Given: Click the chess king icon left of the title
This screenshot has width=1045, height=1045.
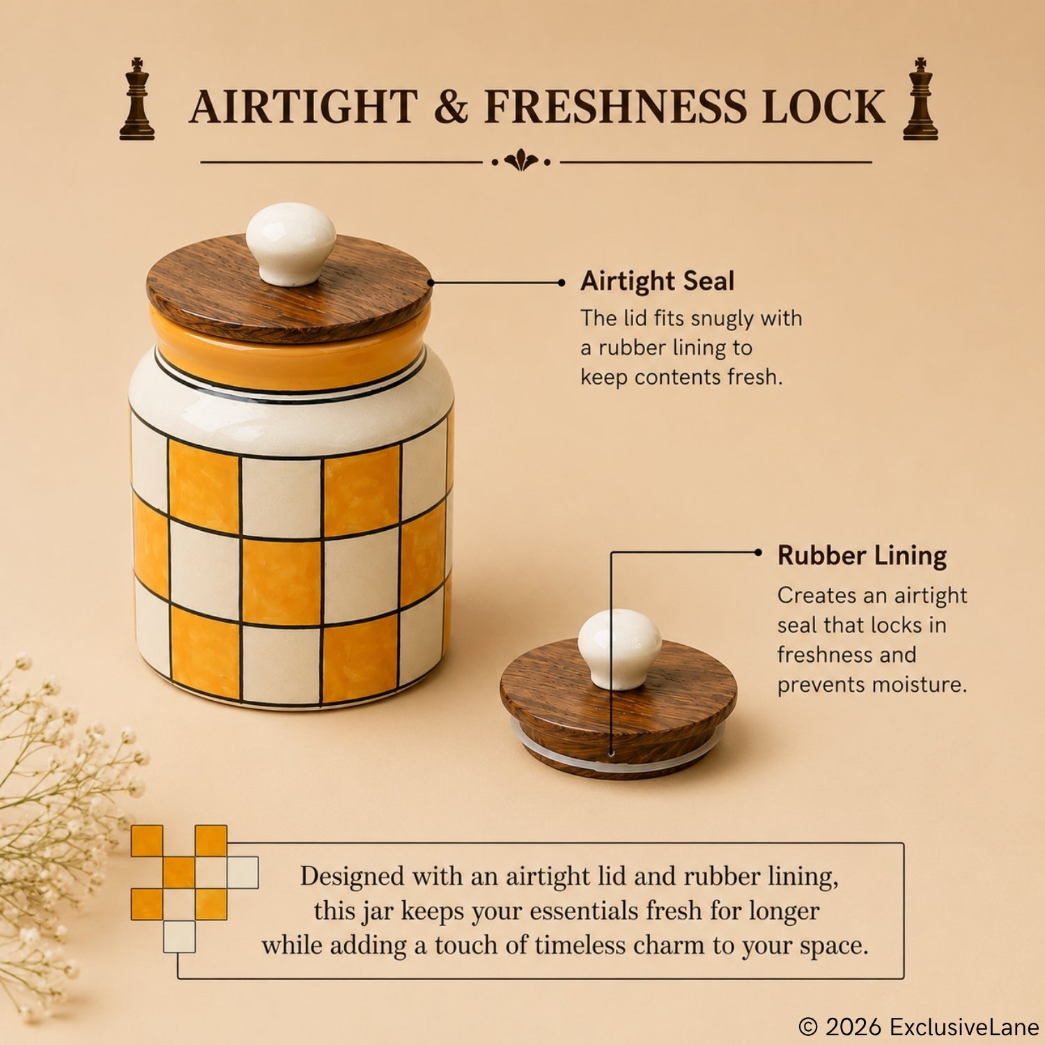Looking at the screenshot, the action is (137, 99).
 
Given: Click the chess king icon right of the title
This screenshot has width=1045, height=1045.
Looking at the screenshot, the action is (920, 99).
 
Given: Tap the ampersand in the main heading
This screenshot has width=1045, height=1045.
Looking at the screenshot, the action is (451, 107).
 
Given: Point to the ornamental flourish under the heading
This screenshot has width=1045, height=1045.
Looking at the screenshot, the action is (521, 161).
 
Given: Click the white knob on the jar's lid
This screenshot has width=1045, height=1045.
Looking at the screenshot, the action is (291, 244).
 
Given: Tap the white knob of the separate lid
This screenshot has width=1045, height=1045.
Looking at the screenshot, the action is (619, 649).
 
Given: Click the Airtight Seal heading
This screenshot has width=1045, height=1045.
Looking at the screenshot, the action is (658, 281).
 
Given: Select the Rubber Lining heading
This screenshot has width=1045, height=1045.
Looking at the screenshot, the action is (862, 556).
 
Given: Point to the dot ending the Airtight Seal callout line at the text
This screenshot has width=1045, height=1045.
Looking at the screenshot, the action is (562, 282).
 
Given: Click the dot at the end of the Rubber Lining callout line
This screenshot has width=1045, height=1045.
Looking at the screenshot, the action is (758, 552).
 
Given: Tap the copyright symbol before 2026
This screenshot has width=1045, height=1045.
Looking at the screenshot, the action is (808, 1026).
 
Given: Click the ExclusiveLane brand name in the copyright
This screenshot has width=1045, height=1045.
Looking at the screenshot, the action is (964, 1026).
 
